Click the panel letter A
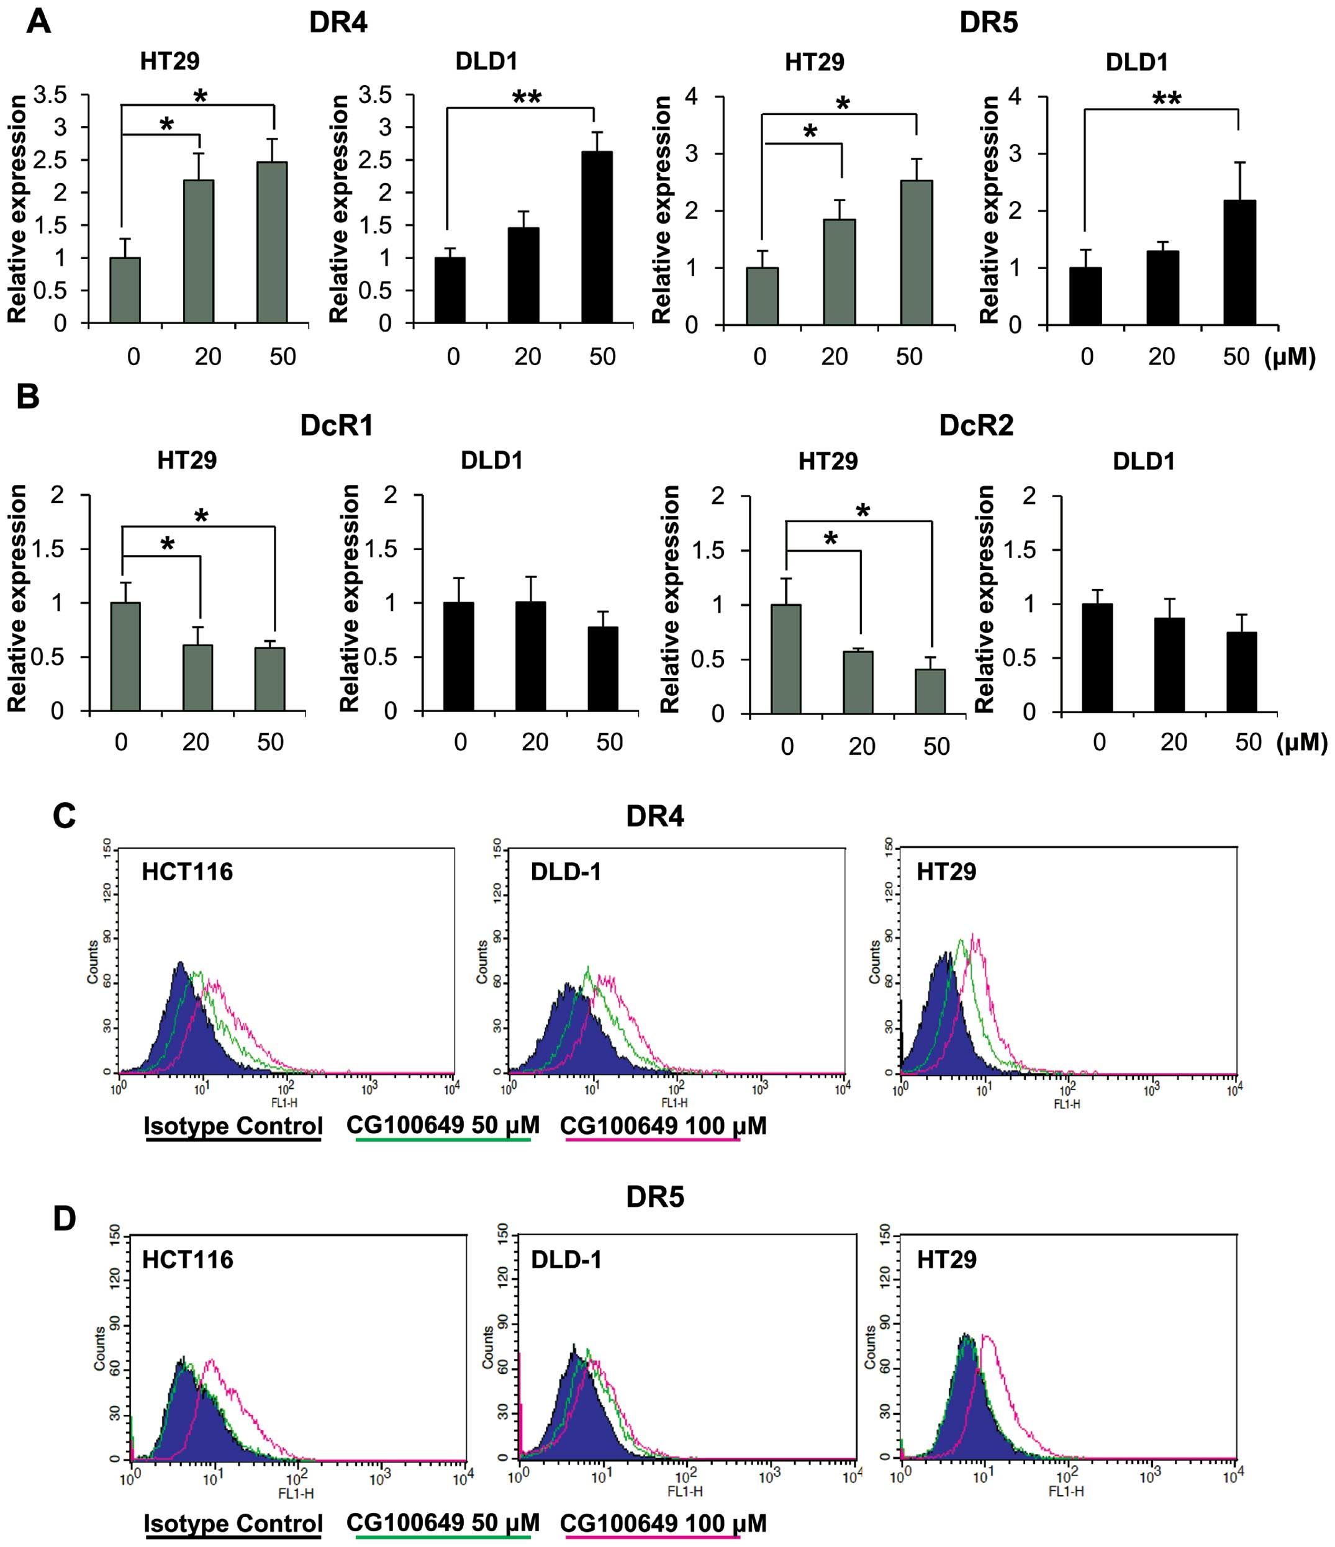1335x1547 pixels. tap(39, 22)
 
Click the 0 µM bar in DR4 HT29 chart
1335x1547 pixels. tap(125, 291)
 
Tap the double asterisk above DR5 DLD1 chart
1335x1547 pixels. tap(1166, 99)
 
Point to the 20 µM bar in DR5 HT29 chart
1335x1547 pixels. tap(839, 272)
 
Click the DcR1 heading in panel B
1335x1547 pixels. tap(336, 426)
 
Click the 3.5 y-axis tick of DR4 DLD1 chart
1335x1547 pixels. tap(375, 95)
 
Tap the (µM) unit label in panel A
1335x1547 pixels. tap(1290, 358)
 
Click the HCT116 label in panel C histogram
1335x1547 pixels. tap(188, 872)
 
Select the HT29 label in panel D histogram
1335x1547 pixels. tap(946, 1260)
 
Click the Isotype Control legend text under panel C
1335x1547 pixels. tap(233, 1126)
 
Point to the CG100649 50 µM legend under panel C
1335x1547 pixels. tap(443, 1125)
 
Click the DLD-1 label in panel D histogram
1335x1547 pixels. tap(566, 1260)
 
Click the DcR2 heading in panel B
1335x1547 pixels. tap(976, 426)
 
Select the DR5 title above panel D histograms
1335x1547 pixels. tap(655, 1197)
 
